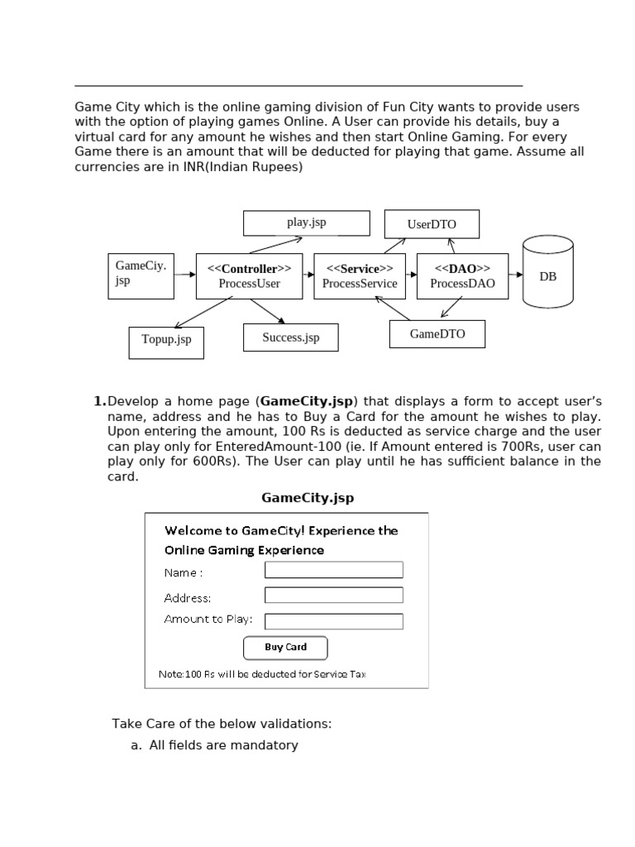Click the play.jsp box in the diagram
306,223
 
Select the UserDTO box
432,224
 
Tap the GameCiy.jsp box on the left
141,276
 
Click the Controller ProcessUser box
249,276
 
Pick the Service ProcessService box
360,276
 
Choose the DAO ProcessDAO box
462,276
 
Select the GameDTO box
437,334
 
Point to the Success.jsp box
290,337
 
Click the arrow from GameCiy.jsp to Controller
184,276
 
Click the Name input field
333,570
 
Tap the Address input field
333,596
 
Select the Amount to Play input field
333,621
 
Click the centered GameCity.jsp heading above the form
308,498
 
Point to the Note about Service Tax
261,674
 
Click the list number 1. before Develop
99,402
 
